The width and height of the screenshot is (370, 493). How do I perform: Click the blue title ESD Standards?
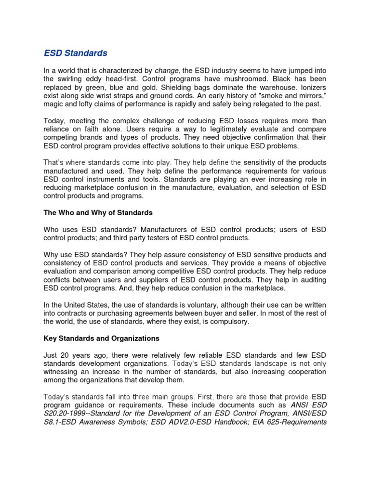76,53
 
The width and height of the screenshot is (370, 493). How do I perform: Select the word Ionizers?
311,87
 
